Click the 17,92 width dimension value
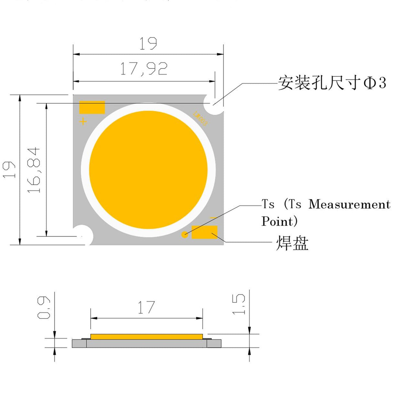tap(144, 69)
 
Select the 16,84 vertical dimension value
tap(34, 170)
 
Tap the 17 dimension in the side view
tap(146, 308)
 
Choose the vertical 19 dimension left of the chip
tap(9, 169)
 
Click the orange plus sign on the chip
tap(84, 122)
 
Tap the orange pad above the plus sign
tap(92, 107)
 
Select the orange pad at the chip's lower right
tap(204, 232)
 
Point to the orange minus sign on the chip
tap(213, 218)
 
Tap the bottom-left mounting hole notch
tap(83, 236)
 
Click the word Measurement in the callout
tap(349, 204)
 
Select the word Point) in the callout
tap(279, 221)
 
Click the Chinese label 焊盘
tap(292, 243)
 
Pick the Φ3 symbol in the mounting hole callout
tap(375, 83)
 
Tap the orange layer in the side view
tap(146, 337)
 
